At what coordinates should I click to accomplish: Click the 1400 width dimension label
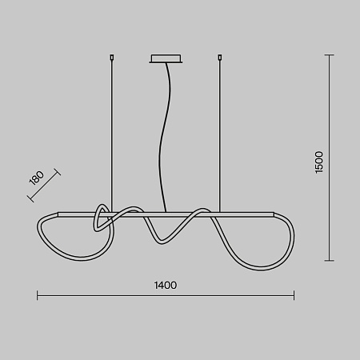(x=166, y=286)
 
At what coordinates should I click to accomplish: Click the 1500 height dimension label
(x=319, y=162)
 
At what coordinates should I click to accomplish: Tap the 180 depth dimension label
(x=37, y=178)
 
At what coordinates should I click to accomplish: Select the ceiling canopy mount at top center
(x=166, y=59)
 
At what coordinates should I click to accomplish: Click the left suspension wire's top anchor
(x=112, y=57)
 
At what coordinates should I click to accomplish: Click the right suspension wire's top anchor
(x=220, y=57)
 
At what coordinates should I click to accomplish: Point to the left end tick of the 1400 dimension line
(x=38, y=295)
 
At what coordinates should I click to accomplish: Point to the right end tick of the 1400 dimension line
(x=294, y=295)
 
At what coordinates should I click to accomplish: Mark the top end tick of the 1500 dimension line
(x=330, y=55)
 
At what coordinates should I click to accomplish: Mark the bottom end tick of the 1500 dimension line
(x=330, y=261)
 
